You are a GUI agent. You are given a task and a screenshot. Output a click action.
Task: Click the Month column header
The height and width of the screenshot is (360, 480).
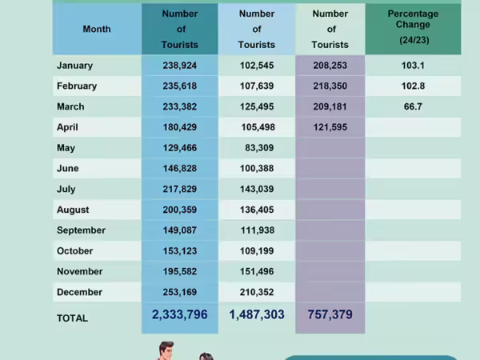point(97,29)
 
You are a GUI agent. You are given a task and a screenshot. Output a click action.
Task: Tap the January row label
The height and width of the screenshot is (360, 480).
point(74,66)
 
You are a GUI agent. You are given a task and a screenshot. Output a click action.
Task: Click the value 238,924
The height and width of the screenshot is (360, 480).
point(179,66)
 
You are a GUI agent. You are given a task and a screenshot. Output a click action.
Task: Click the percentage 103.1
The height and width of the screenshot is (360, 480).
point(413,66)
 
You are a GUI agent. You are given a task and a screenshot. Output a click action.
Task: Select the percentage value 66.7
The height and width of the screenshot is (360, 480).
point(413,106)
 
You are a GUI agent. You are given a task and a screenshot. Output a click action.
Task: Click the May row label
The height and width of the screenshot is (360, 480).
point(66,148)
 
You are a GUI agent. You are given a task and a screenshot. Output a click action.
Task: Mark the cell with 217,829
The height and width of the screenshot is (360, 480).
point(179,189)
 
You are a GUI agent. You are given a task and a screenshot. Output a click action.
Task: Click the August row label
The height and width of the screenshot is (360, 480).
point(73,210)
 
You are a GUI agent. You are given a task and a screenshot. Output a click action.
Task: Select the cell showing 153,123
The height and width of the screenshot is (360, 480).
point(179,251)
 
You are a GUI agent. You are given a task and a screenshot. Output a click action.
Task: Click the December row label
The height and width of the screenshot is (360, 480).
point(79,293)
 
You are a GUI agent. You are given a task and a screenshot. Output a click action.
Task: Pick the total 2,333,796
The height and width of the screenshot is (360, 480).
point(179,315)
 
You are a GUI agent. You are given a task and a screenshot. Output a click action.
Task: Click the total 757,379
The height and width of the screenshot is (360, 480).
point(330,315)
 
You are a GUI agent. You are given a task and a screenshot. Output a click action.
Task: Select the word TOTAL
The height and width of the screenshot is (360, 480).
point(72,318)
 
